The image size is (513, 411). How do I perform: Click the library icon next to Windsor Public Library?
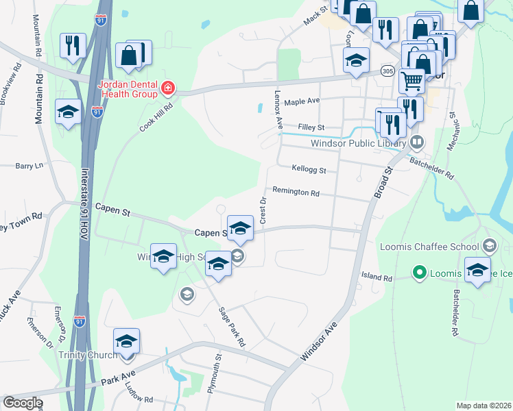(416, 143)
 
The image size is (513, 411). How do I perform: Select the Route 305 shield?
(387, 71)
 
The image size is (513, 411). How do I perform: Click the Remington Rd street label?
(296, 192)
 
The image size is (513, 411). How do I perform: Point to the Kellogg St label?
(309, 169)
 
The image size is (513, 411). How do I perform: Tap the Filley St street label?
(311, 127)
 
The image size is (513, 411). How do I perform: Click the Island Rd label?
(377, 278)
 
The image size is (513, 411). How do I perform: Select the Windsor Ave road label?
(320, 343)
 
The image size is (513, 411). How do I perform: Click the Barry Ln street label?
(29, 166)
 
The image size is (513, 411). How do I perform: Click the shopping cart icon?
(411, 81)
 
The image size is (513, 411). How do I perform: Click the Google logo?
(23, 403)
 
